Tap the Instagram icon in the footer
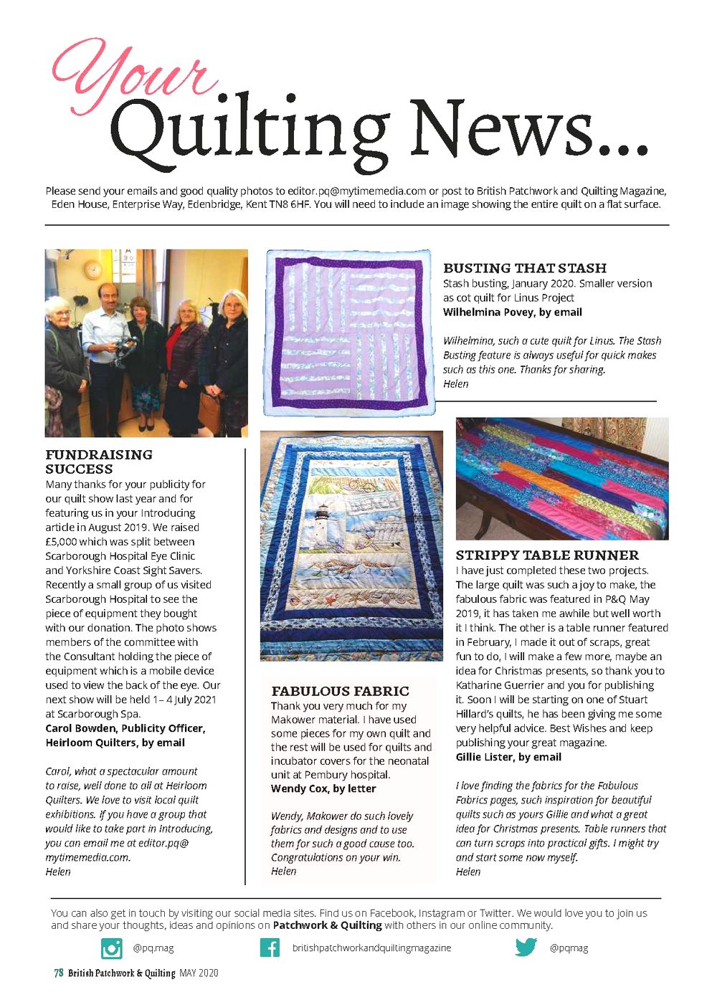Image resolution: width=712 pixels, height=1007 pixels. click(111, 948)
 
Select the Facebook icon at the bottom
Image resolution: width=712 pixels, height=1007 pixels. click(270, 948)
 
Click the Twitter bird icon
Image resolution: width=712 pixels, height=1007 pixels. click(526, 948)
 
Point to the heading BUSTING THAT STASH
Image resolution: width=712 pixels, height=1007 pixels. click(525, 268)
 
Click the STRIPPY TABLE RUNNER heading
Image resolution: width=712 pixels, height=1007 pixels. click(547, 555)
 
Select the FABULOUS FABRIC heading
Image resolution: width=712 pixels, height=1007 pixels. click(340, 692)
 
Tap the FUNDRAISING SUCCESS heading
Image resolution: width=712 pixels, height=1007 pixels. click(98, 462)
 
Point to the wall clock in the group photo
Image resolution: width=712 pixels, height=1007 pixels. click(93, 269)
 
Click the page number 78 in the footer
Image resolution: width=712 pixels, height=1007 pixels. click(58, 973)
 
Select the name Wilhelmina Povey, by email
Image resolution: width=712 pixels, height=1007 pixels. click(512, 312)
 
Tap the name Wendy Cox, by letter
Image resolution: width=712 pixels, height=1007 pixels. click(323, 788)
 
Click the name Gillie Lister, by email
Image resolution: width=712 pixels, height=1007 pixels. click(508, 757)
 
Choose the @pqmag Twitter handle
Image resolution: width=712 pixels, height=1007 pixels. click(569, 948)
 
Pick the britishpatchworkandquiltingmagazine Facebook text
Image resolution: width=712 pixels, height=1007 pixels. click(371, 948)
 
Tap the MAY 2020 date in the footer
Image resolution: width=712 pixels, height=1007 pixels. click(199, 973)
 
